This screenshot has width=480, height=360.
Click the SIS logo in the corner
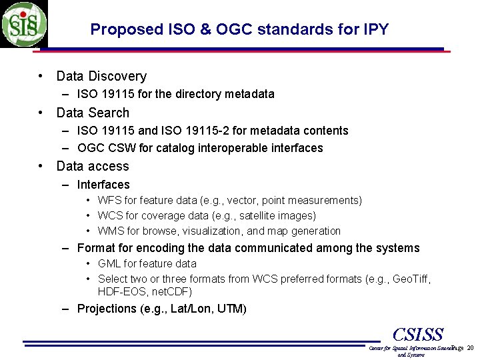(24, 24)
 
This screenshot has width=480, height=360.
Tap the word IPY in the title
(375, 29)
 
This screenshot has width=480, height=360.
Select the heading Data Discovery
(101, 77)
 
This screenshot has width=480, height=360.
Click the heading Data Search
(93, 113)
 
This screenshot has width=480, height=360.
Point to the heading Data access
(93, 167)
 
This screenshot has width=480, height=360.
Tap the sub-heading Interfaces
(103, 185)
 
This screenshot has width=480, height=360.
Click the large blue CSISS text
(418, 334)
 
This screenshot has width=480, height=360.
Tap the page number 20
(470, 349)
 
